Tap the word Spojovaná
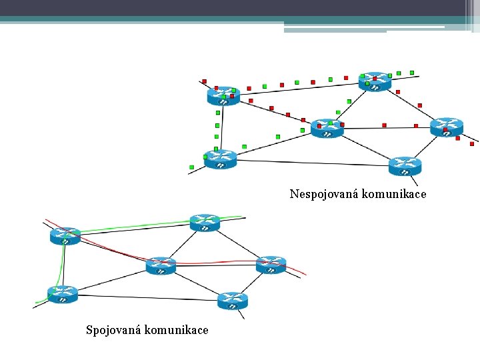pos(113,330)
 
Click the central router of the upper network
pos(327,128)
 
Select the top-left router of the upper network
pos(223,95)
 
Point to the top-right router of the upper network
pos(375,81)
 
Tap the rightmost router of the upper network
pos(446,127)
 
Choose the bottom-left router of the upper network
pos(221,159)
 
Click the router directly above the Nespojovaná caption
pos(405,165)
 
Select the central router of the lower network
pos(161,265)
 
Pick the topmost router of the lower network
pos(205,223)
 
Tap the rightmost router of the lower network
pos(271,265)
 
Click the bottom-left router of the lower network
pos(63,294)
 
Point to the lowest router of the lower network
pos(232,301)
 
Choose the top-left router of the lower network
pos(65,235)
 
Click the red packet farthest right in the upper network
pos(472,143)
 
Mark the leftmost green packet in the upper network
pos(192,167)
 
